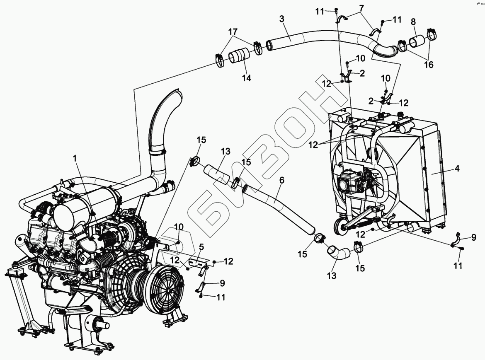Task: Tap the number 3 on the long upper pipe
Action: click(x=282, y=19)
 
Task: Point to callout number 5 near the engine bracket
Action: click(x=201, y=247)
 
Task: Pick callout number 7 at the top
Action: click(x=361, y=8)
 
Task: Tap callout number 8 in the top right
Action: click(x=413, y=22)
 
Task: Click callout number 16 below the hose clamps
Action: click(x=428, y=64)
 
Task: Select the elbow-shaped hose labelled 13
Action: click(x=337, y=252)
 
